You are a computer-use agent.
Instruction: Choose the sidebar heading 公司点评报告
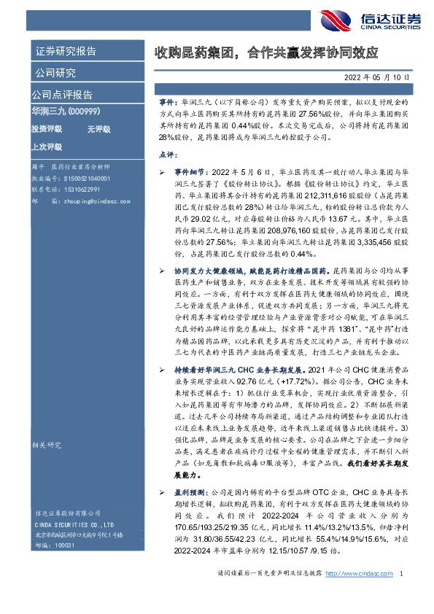pyautogui.click(x=62, y=94)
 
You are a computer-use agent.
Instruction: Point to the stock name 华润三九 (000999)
pyautogui.click(x=69, y=110)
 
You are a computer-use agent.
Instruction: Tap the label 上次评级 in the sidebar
pyautogui.click(x=45, y=146)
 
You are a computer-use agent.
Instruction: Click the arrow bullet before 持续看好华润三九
pyautogui.click(x=163, y=373)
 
